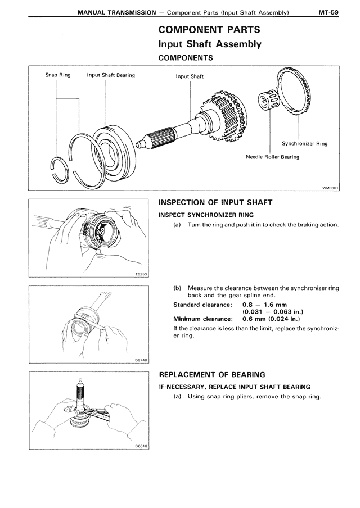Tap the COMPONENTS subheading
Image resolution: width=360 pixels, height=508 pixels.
coord(186,57)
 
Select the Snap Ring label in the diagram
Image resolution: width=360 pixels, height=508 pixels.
coord(58,75)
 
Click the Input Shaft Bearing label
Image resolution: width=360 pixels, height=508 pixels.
coord(111,75)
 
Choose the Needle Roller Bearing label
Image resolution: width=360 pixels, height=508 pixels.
coord(272,157)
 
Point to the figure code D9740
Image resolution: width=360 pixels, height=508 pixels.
coord(141,360)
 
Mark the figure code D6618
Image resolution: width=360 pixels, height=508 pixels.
coord(141,446)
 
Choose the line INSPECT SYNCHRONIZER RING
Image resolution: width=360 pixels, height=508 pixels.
coord(206,215)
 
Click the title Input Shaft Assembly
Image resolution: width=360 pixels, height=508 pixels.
coord(210,43)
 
